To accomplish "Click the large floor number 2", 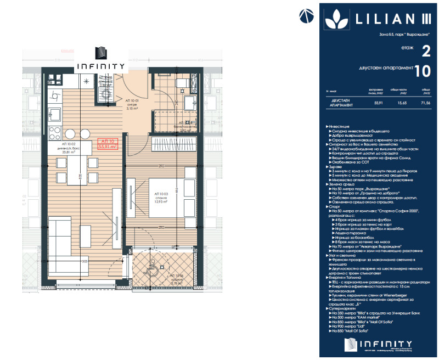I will point(425,52).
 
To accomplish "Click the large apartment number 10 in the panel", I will point(422,71).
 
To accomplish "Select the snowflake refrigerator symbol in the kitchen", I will point(85,81).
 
